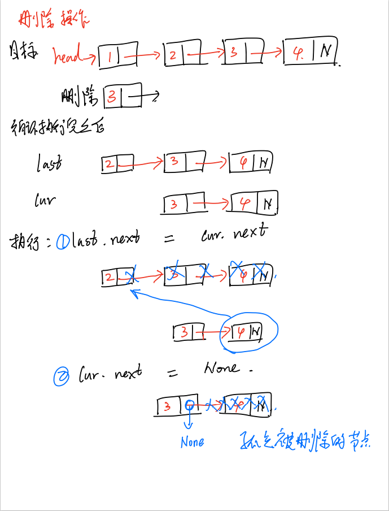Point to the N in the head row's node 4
click(326, 51)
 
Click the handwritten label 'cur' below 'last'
click(45, 199)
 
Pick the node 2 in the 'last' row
click(117, 164)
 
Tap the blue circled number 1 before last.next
click(63, 242)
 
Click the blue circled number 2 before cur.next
click(60, 376)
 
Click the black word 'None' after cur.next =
click(221, 369)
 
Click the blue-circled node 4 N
click(249, 331)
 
